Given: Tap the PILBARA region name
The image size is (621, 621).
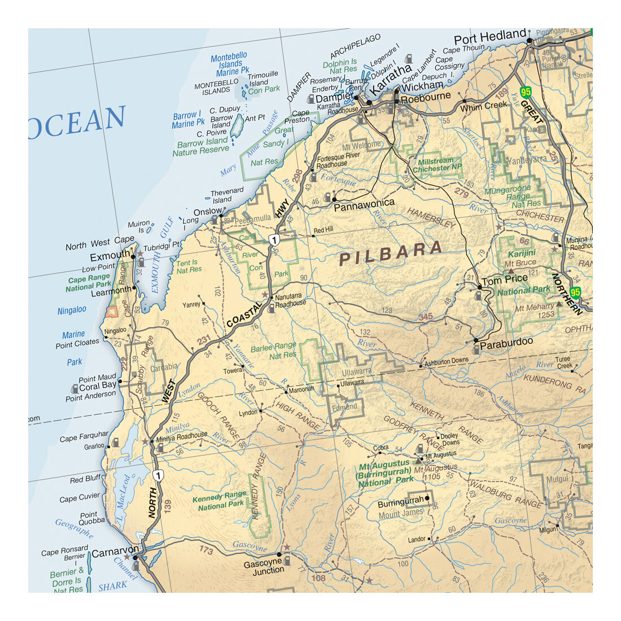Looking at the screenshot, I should point(391,253).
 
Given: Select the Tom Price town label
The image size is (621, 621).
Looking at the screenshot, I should point(504,278).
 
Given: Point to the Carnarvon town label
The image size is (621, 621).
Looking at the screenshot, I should point(115,553).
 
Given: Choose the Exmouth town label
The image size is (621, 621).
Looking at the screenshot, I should point(110,256).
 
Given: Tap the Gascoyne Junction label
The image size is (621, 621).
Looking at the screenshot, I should point(263,567).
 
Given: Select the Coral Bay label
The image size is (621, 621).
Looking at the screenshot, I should point(98,386).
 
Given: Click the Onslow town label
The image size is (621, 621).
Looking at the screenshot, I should point(208,211).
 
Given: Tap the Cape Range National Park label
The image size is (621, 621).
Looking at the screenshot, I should point(89,282).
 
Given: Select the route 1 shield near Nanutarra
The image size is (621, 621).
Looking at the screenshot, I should point(274,240).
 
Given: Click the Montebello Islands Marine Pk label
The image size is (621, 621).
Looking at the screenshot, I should point(229,64).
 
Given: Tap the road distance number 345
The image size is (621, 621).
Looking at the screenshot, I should point(426,317).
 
